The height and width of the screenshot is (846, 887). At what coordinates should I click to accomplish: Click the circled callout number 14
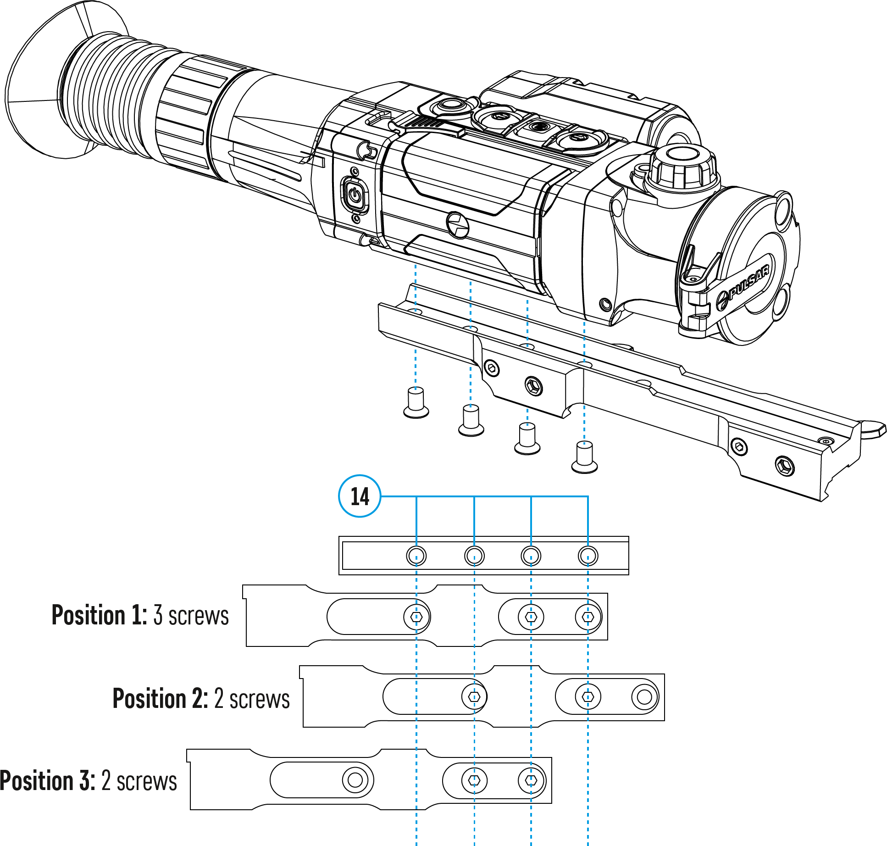(360, 496)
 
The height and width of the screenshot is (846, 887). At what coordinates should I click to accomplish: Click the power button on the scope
(355, 195)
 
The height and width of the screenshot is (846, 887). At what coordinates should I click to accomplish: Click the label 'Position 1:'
(99, 615)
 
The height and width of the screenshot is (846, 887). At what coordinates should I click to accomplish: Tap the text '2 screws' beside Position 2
(252, 699)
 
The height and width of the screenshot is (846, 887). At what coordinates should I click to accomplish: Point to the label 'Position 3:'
(48, 780)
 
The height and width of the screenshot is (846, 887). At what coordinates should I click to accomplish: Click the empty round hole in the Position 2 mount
(644, 697)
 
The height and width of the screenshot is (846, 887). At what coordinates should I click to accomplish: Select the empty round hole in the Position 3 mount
(355, 780)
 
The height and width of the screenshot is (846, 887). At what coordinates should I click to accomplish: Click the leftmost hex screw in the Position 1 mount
(416, 617)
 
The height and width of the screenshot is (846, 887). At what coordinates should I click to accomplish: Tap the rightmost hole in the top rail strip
(588, 556)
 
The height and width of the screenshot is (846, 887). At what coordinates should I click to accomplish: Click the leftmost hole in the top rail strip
(416, 556)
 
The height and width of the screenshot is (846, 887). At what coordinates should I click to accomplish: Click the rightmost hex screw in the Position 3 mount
(531, 780)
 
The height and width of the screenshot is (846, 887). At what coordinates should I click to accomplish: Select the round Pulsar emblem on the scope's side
(457, 224)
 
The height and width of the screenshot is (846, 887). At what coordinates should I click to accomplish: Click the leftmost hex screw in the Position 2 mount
(474, 697)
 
